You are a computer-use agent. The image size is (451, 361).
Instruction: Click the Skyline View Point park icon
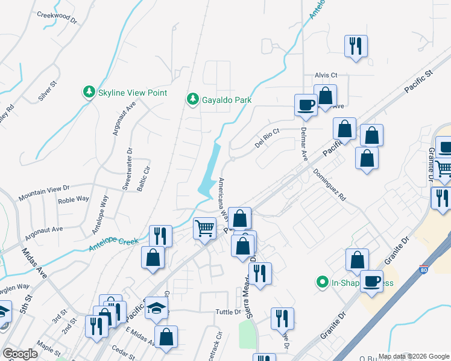(x=89, y=93)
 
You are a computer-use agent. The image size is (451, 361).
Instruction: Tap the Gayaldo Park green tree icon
(x=193, y=99)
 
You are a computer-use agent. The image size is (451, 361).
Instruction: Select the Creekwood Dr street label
(x=58, y=17)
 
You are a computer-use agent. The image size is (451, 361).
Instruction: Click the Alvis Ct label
(x=326, y=75)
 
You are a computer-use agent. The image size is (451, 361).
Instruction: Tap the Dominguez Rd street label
(x=330, y=184)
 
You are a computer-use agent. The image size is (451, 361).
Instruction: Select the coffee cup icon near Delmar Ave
(x=306, y=105)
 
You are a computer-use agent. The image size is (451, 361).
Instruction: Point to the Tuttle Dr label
(x=229, y=312)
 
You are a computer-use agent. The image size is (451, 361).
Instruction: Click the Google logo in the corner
(x=20, y=353)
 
